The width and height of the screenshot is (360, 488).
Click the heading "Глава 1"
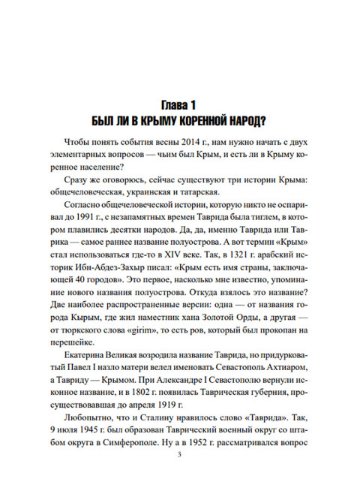point(179,104)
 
